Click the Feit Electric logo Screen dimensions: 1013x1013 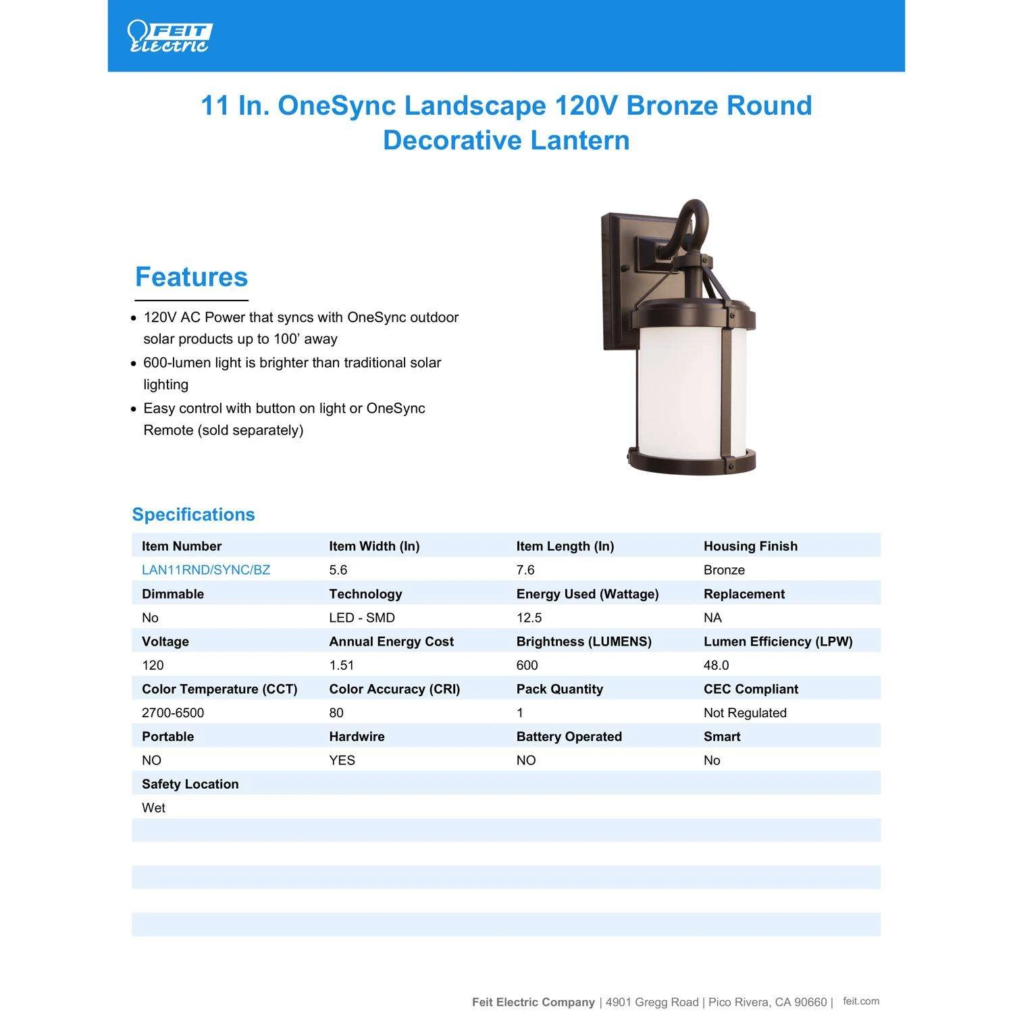[170, 36]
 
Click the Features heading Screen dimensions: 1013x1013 [191, 277]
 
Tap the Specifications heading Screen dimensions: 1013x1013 [193, 515]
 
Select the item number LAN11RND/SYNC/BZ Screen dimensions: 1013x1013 [206, 570]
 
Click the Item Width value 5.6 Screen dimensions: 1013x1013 [338, 570]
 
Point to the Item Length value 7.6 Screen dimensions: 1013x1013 [525, 570]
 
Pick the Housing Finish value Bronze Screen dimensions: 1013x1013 [724, 570]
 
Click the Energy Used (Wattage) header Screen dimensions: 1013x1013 [587, 594]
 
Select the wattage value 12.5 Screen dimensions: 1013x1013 [529, 618]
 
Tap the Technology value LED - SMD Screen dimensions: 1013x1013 [362, 618]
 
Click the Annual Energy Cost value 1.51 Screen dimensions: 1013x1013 [341, 665]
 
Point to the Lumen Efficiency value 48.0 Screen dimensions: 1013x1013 [716, 665]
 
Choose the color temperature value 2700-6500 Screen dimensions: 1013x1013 [173, 713]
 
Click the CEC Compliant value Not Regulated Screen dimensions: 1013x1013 [745, 713]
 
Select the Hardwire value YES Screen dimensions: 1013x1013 [342, 760]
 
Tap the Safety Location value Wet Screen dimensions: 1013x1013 [153, 808]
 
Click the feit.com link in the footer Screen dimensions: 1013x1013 [861, 1002]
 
